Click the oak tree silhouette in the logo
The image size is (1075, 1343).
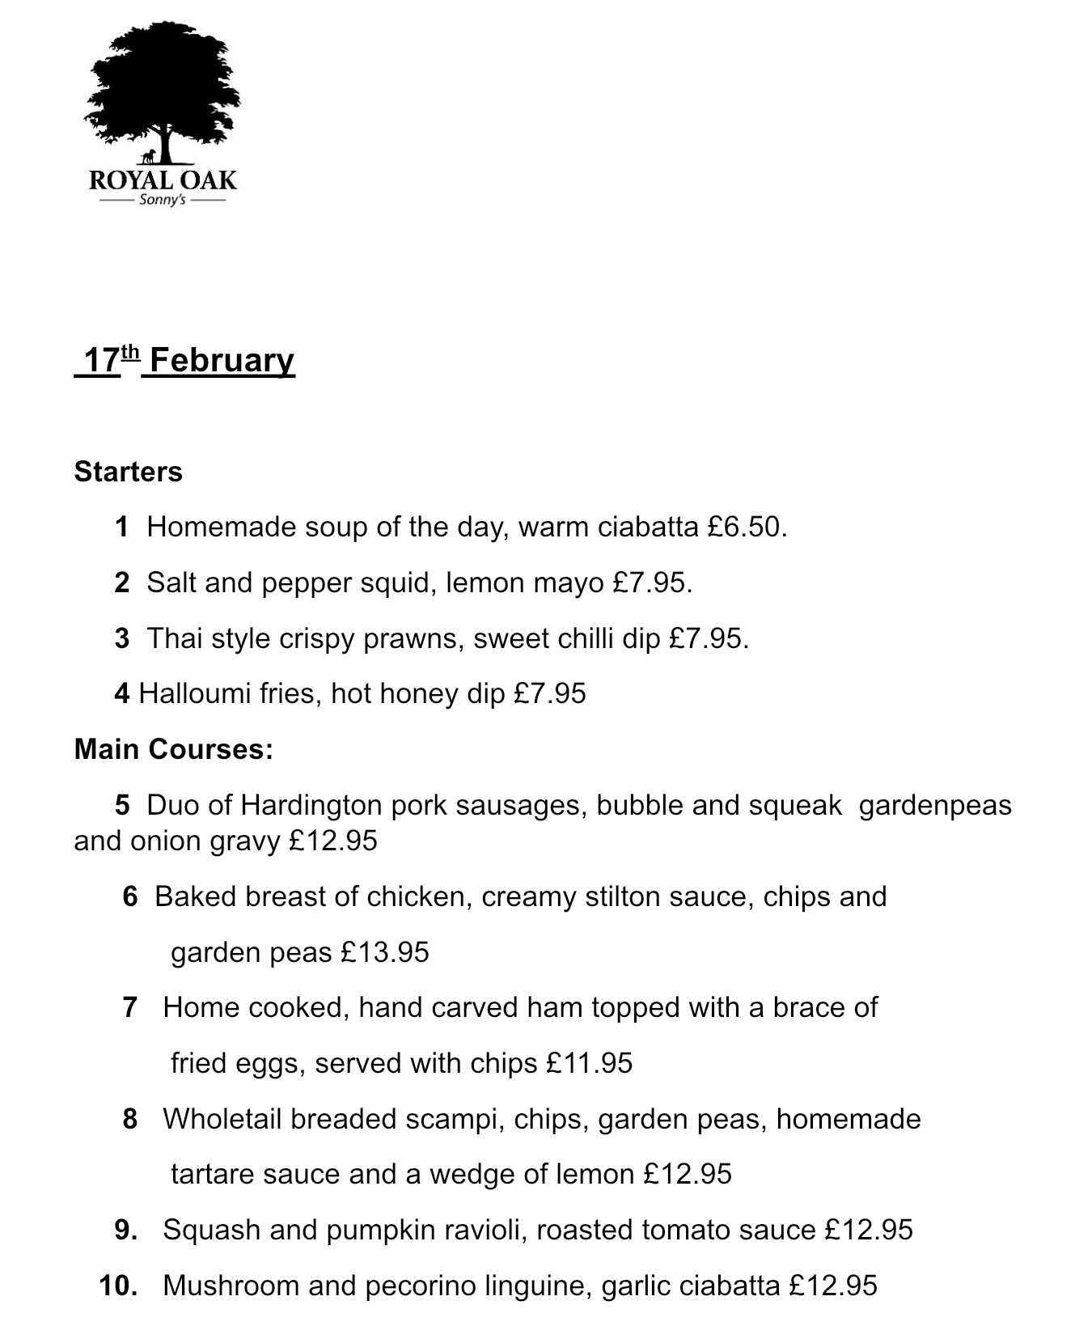(162, 89)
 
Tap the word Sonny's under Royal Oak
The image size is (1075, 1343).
(162, 200)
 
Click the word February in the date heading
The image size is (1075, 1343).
(222, 360)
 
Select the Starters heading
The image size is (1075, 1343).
(128, 472)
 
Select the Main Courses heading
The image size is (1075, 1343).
(173, 749)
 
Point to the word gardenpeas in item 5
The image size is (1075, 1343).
(935, 806)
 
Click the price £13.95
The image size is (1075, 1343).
(384, 953)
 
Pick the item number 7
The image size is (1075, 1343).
(129, 1008)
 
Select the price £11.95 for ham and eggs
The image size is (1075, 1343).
(589, 1064)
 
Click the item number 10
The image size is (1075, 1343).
(117, 1286)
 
